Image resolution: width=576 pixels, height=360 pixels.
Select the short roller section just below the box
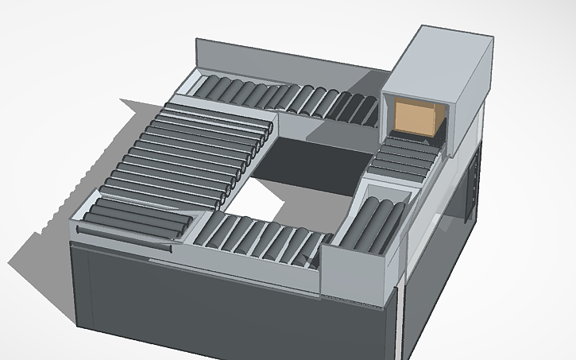point(405,159)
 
